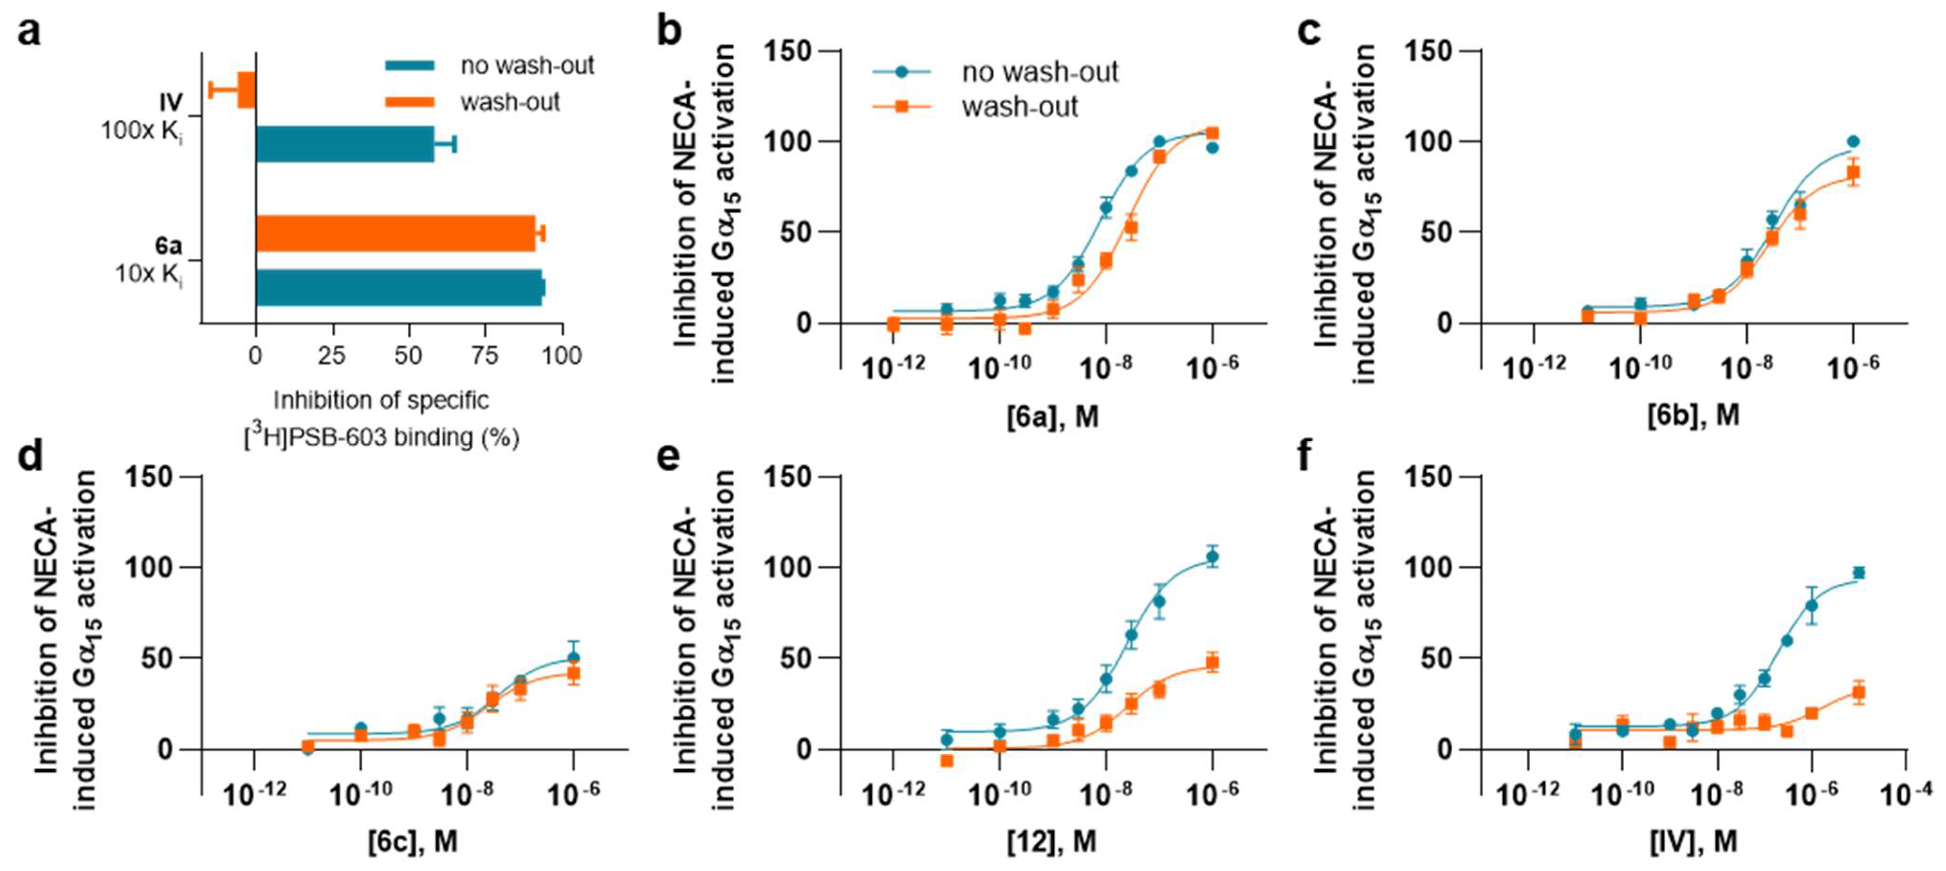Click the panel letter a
point(29,33)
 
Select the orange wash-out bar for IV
point(246,90)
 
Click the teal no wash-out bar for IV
point(345,144)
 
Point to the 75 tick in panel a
point(484,355)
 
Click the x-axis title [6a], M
point(1052,416)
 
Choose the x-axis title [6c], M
point(413,841)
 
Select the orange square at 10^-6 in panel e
point(1212,663)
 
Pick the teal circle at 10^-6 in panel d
point(574,657)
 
